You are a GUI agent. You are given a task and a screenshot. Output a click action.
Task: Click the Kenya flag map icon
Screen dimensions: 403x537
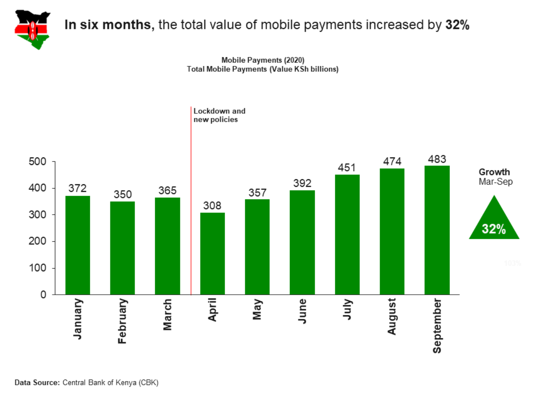coord(32,29)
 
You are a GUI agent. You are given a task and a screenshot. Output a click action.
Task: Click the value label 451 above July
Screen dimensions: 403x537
coord(347,168)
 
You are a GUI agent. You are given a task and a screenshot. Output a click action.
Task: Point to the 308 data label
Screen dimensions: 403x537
coord(212,206)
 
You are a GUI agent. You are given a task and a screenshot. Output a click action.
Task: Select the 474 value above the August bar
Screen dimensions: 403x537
coord(392,162)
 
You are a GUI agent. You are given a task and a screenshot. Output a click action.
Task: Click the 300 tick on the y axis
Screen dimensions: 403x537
coord(37,215)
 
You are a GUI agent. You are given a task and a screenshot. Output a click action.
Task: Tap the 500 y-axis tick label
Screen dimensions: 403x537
coord(37,162)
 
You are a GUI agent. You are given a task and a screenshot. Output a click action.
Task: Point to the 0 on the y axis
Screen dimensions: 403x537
coord(43,295)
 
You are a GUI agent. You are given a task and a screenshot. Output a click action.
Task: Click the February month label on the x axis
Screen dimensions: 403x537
coord(122,321)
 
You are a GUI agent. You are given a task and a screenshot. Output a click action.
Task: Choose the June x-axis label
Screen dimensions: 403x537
coord(302,311)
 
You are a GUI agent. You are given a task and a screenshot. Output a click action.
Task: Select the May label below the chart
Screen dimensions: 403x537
coord(257,309)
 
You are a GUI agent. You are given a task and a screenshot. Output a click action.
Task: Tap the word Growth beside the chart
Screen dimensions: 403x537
coord(494,172)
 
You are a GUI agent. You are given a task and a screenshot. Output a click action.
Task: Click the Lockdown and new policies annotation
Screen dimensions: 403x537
coord(219,115)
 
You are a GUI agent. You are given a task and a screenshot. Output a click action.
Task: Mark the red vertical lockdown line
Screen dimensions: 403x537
coord(191,201)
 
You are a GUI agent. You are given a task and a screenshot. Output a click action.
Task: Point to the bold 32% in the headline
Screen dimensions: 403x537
coord(457,25)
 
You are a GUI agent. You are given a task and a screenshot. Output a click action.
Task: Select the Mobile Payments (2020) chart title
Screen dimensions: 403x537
coord(263,60)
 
